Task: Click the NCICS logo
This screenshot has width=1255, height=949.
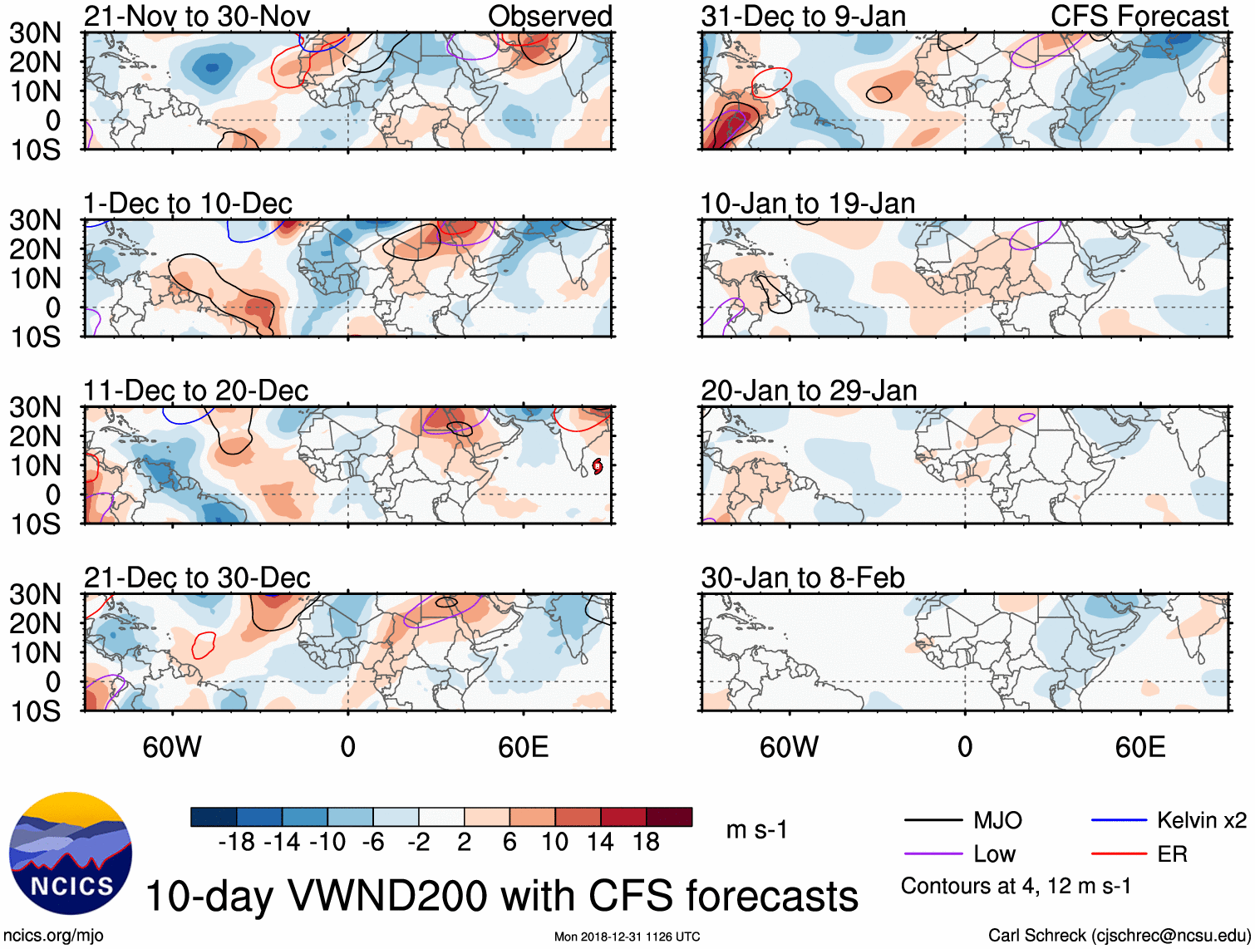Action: tap(70, 853)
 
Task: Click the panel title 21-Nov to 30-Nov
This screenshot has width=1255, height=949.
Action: tap(197, 16)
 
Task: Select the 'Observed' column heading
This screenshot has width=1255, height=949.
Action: tap(550, 16)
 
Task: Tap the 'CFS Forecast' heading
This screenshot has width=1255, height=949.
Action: tap(1139, 16)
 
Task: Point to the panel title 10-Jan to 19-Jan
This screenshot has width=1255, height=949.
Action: tap(808, 204)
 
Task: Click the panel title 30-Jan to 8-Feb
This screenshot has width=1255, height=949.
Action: tap(803, 578)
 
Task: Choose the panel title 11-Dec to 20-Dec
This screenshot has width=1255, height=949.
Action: tap(196, 391)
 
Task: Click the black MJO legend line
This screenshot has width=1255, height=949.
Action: tap(933, 821)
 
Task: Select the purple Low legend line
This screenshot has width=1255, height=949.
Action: tap(933, 853)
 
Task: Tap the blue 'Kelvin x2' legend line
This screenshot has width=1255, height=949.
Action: tap(1119, 821)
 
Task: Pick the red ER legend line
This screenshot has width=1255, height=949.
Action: tap(1119, 853)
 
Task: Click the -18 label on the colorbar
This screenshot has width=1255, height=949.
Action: tap(237, 843)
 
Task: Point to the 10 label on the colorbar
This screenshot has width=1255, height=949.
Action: tap(554, 843)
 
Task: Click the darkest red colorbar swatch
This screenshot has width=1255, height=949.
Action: tap(669, 817)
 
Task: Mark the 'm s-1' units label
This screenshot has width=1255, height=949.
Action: tap(756, 830)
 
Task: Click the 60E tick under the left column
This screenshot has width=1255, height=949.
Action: tap(524, 747)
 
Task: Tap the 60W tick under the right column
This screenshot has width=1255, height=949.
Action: tap(790, 747)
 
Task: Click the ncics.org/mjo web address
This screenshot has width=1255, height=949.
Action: tap(54, 936)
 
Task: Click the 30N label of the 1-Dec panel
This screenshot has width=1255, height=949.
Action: tap(35, 220)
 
